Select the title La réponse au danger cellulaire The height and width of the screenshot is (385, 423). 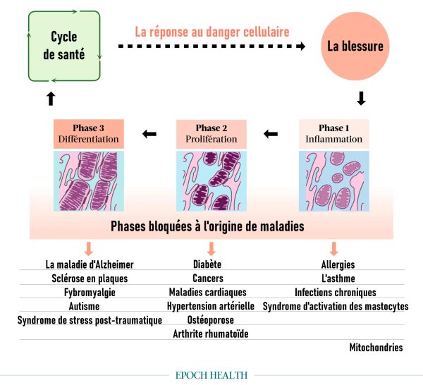212,32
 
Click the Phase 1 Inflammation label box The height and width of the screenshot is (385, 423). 333,133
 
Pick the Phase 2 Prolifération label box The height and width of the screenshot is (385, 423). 211,133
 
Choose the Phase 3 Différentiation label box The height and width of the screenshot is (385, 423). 89,133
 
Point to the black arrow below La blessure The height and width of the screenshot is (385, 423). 362,99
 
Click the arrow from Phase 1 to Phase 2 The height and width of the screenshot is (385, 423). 271,133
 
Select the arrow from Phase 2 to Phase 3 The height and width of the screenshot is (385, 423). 149,133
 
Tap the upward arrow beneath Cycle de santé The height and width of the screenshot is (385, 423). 50,99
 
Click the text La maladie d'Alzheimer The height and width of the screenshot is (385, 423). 90,265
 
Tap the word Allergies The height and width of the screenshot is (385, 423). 338,265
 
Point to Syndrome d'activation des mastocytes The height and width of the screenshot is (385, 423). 336,307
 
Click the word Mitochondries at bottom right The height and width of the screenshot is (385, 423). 376,348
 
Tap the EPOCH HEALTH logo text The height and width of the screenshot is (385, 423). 211,375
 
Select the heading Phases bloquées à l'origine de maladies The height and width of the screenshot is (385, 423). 211,227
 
